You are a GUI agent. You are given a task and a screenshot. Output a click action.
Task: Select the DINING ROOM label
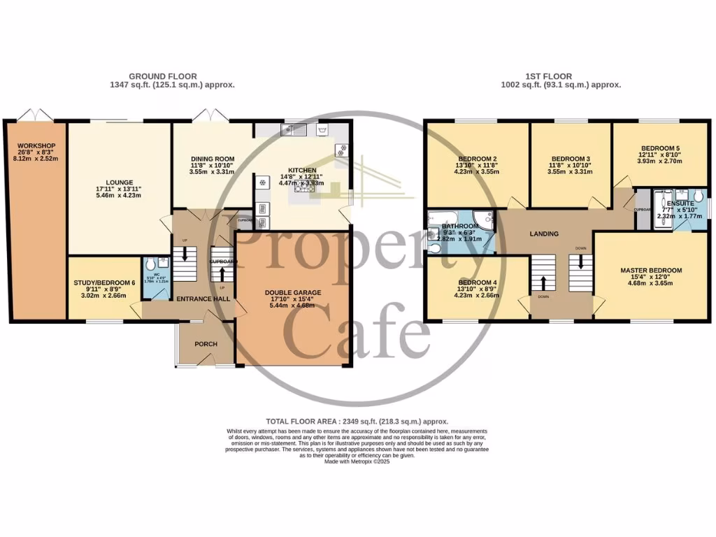click(x=213, y=159)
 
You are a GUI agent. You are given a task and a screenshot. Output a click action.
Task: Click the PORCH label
click(x=206, y=344)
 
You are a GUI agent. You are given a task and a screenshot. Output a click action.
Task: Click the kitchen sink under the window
click(x=291, y=130)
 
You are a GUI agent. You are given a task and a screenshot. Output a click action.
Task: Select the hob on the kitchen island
click(x=304, y=188)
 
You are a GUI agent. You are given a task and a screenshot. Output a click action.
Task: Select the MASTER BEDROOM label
click(x=650, y=270)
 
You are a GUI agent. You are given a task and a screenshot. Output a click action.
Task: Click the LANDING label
click(x=543, y=234)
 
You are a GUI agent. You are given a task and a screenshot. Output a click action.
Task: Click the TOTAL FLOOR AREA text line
click(x=357, y=422)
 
